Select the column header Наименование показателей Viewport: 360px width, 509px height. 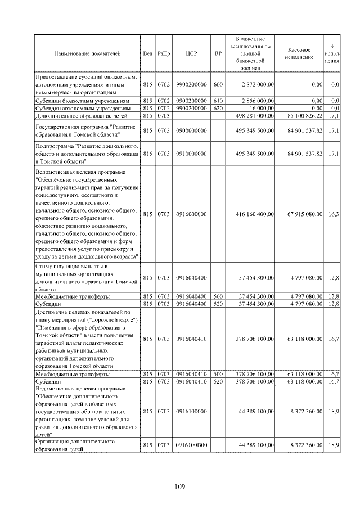tap(87, 53)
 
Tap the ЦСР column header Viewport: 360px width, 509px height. tap(190, 53)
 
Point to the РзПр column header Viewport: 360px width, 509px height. tap(163, 53)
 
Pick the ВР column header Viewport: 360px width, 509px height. tap(218, 53)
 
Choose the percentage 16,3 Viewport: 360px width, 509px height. tap(333, 214)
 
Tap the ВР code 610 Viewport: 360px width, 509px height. tap(218, 100)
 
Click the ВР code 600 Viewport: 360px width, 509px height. tap(218, 84)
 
